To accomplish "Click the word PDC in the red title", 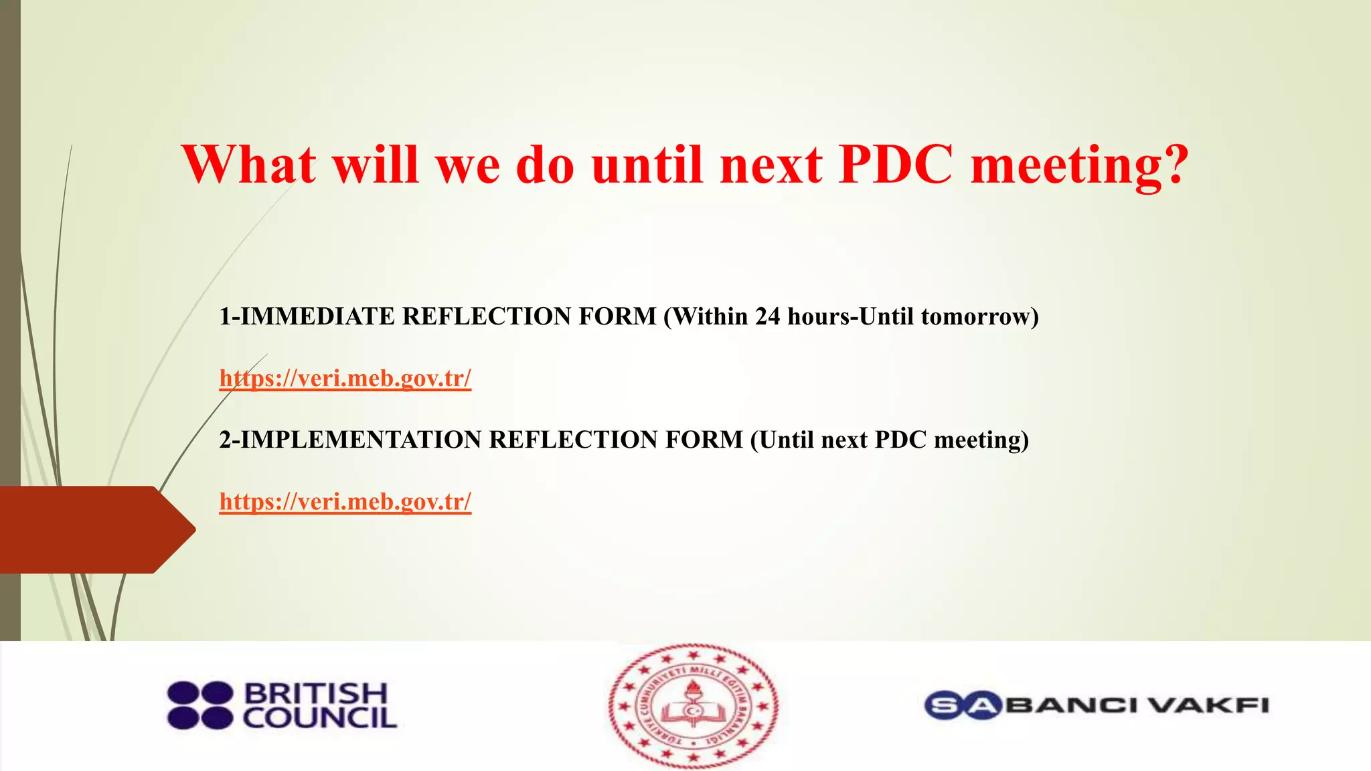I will (895, 165).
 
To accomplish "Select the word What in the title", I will (249, 165).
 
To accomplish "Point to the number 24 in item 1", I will (768, 317).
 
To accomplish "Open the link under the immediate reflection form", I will (345, 379).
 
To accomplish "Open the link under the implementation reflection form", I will (345, 502).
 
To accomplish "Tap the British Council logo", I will (282, 705).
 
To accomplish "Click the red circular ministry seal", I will (694, 705).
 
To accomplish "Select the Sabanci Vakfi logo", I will (1097, 705).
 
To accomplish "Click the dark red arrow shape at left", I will (94, 529).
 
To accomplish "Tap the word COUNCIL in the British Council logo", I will (319, 719).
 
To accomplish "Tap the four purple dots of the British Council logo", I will (200, 705).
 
